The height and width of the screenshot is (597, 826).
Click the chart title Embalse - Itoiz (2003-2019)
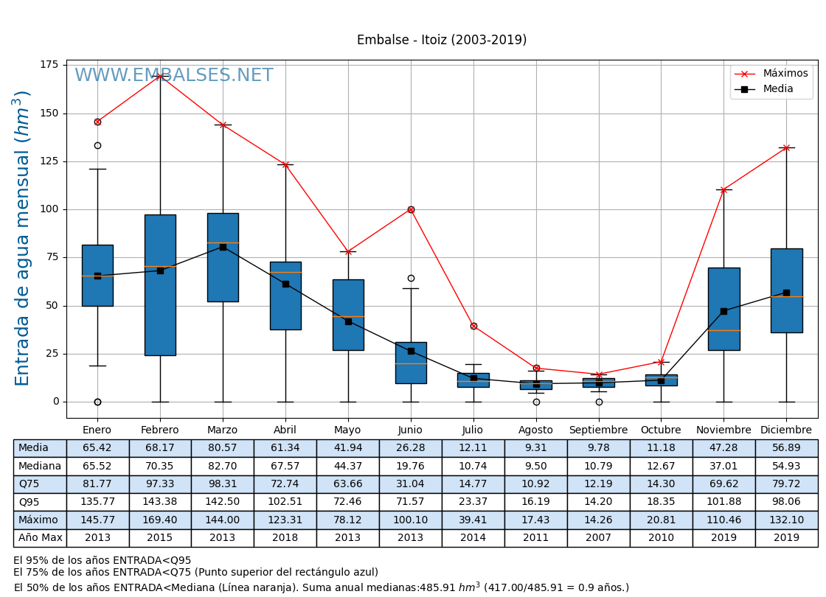click(441, 41)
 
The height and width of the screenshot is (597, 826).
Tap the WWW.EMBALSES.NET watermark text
click(173, 76)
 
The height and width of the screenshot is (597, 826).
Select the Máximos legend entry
click(785, 74)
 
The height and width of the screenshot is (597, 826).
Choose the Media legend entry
click(777, 89)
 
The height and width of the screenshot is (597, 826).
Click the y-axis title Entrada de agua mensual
click(23, 238)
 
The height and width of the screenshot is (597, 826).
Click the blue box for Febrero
click(160, 285)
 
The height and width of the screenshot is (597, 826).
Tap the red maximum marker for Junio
click(411, 209)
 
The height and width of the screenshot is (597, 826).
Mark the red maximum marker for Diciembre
click(786, 147)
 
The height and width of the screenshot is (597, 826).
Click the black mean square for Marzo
click(223, 247)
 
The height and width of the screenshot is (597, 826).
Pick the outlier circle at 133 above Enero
click(97, 146)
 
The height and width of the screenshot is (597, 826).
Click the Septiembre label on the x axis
click(598, 430)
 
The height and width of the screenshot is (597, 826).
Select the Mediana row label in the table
click(40, 467)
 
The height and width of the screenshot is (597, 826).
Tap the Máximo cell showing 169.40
click(160, 520)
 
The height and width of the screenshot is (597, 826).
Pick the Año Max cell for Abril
click(285, 538)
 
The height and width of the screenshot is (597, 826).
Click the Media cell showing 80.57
click(223, 448)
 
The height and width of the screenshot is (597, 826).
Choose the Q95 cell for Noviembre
click(723, 502)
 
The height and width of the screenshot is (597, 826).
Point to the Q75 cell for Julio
click(473, 484)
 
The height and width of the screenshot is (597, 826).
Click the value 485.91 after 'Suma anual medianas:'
click(439, 588)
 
